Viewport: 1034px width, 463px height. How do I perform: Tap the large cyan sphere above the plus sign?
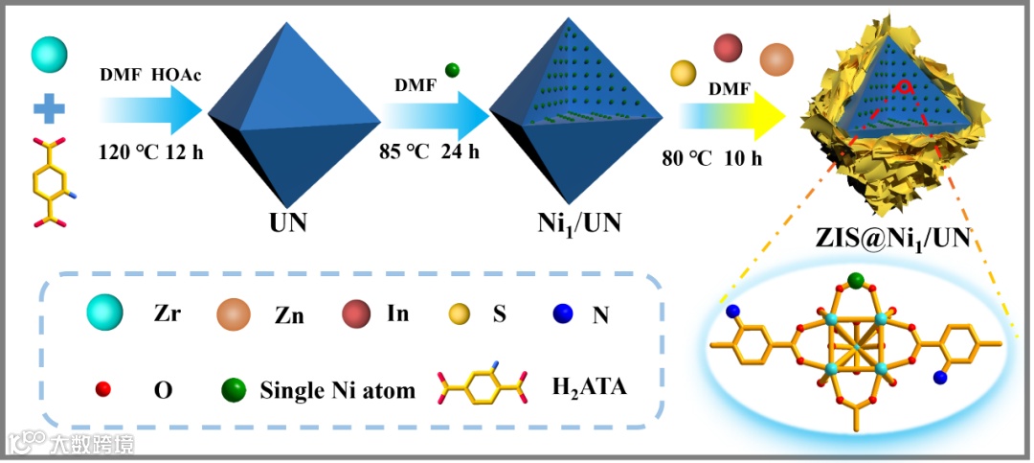(49, 57)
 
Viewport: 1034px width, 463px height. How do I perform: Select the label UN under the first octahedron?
(286, 224)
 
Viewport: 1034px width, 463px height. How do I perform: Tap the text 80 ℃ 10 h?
(711, 158)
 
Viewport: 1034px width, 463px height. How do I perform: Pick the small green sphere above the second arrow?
(452, 70)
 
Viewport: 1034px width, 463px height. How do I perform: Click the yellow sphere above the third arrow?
(683, 73)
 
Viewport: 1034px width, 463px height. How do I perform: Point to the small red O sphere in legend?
(105, 389)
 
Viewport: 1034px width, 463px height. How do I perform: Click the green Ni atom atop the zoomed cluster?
(856, 281)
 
